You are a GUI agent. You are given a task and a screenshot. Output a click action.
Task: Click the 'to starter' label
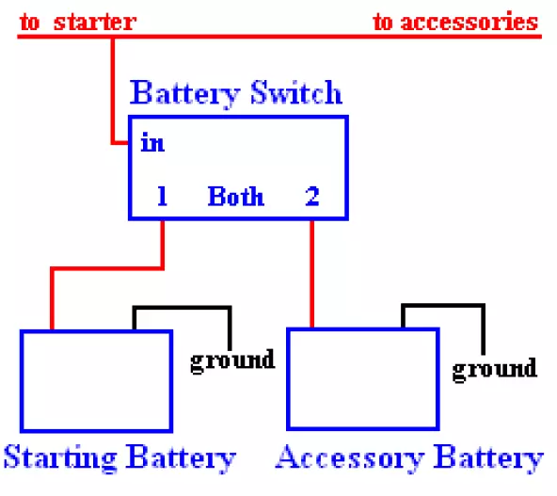pyautogui.click(x=78, y=22)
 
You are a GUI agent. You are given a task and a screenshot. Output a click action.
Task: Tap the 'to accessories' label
pyautogui.click(x=455, y=22)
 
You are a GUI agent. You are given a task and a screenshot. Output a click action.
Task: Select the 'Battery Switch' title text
pyautogui.click(x=236, y=93)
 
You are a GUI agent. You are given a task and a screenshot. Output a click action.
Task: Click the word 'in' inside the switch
pyautogui.click(x=152, y=143)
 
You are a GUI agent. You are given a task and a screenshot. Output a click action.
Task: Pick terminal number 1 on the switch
pyautogui.click(x=163, y=196)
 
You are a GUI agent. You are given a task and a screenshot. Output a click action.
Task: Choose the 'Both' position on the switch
pyautogui.click(x=236, y=196)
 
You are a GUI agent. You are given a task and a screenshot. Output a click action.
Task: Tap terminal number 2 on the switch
pyautogui.click(x=312, y=196)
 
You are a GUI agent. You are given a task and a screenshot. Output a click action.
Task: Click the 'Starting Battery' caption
pyautogui.click(x=119, y=458)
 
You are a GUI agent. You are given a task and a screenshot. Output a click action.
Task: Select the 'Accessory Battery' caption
pyautogui.click(x=409, y=458)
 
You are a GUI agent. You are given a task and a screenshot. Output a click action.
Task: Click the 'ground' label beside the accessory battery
pyautogui.click(x=495, y=370)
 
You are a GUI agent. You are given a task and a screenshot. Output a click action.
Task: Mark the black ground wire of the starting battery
pyautogui.click(x=182, y=308)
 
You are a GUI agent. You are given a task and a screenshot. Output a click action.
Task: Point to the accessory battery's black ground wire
pyautogui.click(x=443, y=306)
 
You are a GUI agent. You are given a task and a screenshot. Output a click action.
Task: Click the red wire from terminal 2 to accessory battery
pyautogui.click(x=311, y=274)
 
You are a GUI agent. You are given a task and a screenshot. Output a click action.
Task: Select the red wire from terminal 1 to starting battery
pyautogui.click(x=106, y=268)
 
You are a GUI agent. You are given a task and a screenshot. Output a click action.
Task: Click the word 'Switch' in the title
pyautogui.click(x=296, y=92)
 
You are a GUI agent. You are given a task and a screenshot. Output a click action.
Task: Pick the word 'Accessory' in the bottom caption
pyautogui.click(x=350, y=458)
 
